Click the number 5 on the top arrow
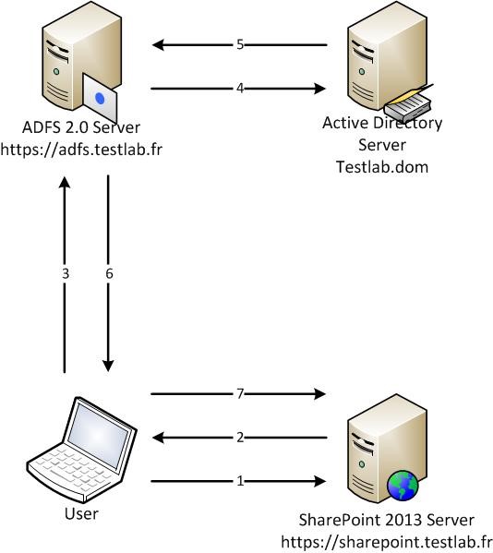[240, 45]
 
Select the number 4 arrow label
[240, 89]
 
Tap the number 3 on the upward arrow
[66, 273]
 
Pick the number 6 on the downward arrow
[109, 273]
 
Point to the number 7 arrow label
[240, 393]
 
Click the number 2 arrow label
[240, 438]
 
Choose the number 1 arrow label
[240, 481]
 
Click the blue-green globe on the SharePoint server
[403, 487]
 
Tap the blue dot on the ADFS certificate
[100, 98]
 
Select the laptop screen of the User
[98, 437]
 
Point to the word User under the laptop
[81, 513]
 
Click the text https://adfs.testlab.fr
[81, 150]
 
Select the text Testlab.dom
[382, 166]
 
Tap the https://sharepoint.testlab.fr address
[387, 542]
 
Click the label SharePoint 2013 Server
[387, 520]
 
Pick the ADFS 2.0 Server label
[81, 127]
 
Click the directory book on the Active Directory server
[409, 103]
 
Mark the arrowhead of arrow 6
[108, 367]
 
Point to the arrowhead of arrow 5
[158, 45]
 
